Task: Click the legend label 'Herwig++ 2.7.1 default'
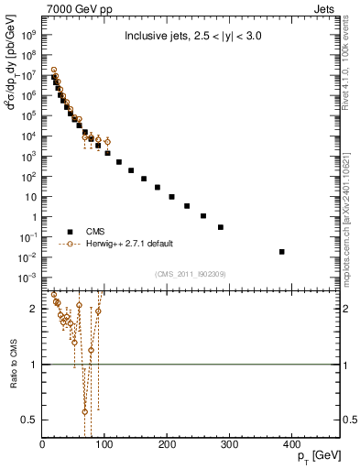click(x=128, y=244)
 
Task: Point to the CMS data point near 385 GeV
click(x=281, y=251)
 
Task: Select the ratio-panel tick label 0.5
click(x=29, y=420)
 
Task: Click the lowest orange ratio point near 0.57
click(x=85, y=411)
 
